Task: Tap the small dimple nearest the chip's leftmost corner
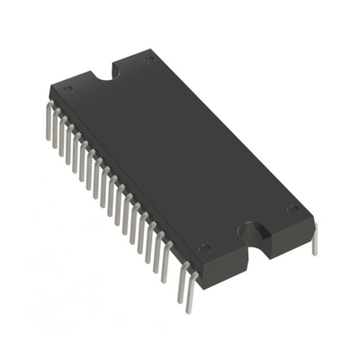68,90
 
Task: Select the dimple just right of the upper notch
149,58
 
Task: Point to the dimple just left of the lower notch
205,247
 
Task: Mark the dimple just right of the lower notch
292,209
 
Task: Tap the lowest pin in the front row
187,292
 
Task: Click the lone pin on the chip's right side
314,241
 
